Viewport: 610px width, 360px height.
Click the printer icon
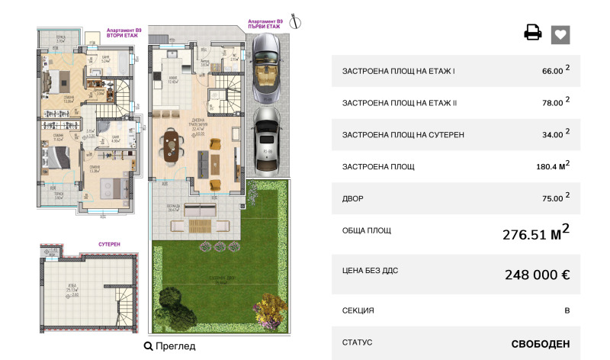(532, 33)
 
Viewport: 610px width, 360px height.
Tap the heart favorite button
(560, 34)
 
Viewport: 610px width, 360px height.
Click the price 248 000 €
(537, 275)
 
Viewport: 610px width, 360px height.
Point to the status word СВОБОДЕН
(540, 343)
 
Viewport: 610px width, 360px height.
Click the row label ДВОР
(353, 199)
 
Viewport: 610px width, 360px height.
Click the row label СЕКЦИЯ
(358, 310)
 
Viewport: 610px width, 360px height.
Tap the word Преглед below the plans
(175, 346)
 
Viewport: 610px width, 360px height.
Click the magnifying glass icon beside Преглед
(148, 346)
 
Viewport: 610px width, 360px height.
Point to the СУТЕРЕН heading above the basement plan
(109, 244)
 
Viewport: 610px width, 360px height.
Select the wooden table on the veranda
(200, 225)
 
